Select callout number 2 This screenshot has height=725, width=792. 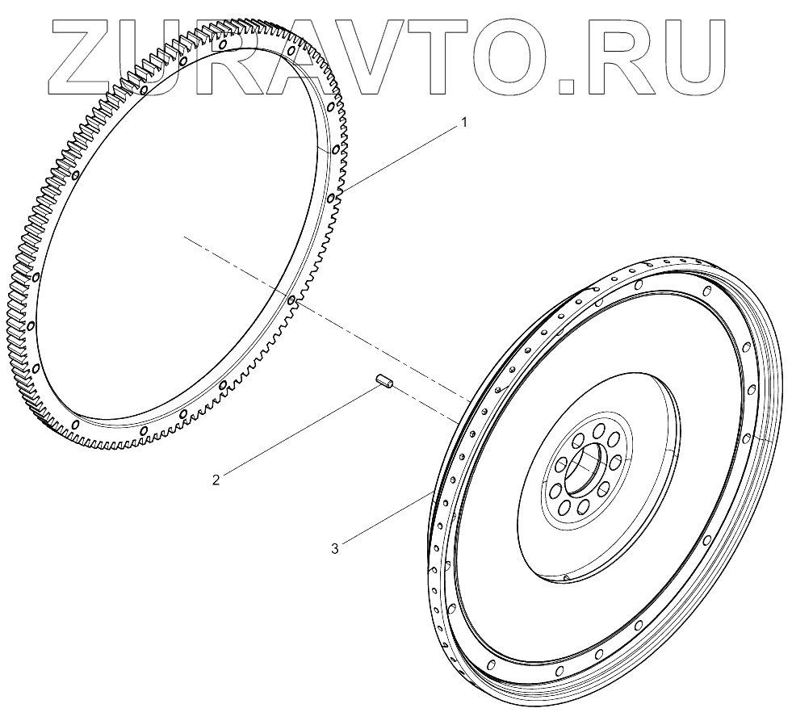(216, 479)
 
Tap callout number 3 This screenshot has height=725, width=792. (334, 548)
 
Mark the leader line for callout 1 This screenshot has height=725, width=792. (404, 157)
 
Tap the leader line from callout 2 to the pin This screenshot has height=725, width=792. (299, 429)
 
